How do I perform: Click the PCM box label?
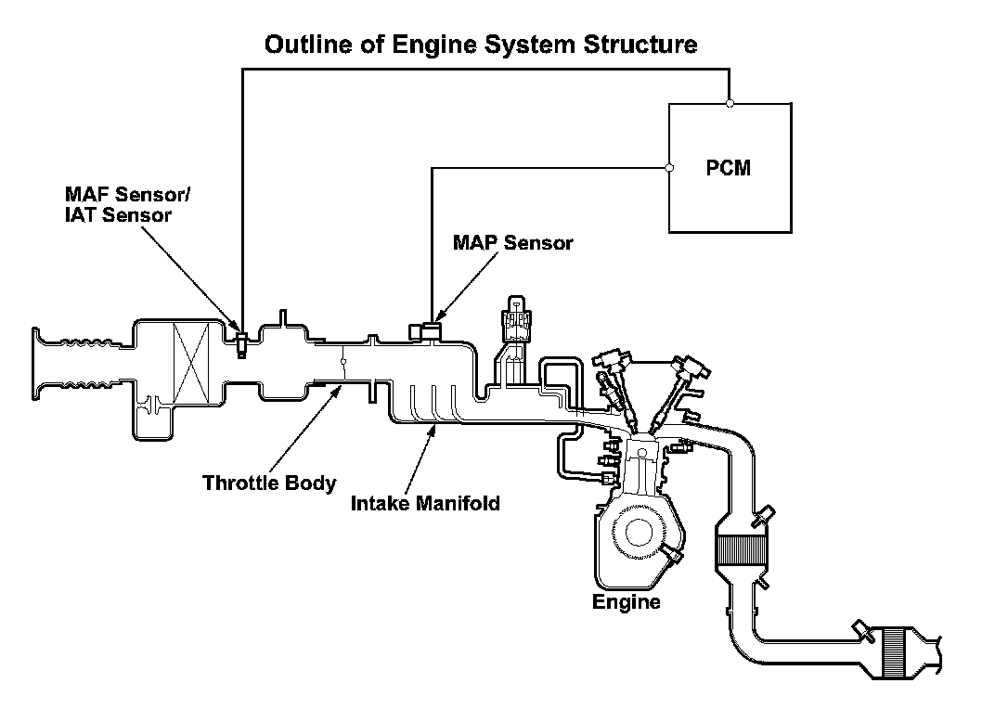[728, 168]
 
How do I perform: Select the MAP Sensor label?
[512, 242]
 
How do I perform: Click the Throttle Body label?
[269, 483]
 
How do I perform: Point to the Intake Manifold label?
[425, 503]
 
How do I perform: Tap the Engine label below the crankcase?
[627, 601]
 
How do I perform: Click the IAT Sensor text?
[118, 215]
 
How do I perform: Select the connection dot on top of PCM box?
[730, 103]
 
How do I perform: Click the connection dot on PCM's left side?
[669, 168]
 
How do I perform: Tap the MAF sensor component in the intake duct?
[241, 343]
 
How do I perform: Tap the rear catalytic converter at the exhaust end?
[897, 651]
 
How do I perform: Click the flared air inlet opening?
[38, 364]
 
